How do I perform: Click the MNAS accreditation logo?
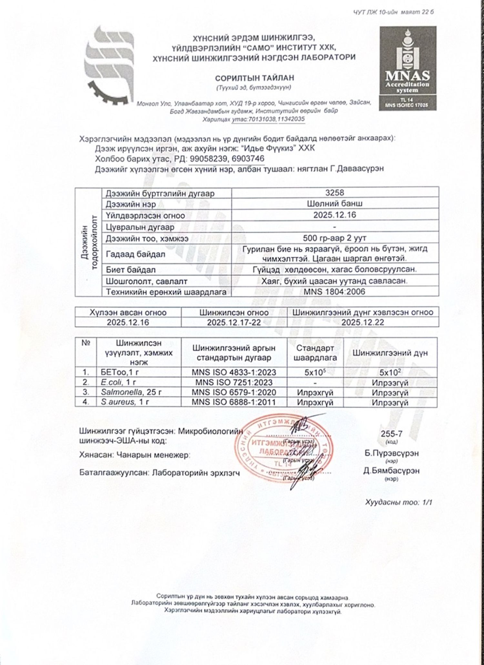click(408, 68)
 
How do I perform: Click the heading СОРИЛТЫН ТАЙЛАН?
click(255, 78)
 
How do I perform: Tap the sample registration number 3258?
click(335, 193)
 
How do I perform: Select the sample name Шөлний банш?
click(335, 203)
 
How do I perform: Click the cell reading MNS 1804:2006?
click(335, 292)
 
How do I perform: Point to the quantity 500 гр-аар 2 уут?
click(335, 238)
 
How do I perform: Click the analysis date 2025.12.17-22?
click(234, 322)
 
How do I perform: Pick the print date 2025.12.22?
click(363, 322)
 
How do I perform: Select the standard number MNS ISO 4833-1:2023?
click(234, 372)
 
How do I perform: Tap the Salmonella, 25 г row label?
click(131, 392)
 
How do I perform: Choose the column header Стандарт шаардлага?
click(315, 353)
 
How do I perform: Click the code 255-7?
click(391, 434)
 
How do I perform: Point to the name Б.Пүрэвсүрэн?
click(391, 453)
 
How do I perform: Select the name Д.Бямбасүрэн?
click(391, 471)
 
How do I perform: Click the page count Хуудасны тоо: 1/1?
click(398, 502)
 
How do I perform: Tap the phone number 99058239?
click(209, 159)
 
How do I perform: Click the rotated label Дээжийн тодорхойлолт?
click(89, 242)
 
